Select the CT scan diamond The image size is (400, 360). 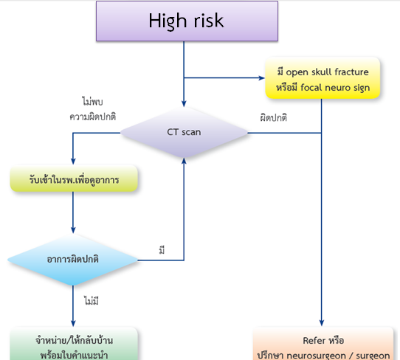(184, 133)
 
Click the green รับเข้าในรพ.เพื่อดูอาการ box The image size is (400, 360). (74, 180)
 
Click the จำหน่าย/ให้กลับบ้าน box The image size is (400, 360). (74, 345)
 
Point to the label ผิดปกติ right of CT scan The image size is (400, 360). (274, 118)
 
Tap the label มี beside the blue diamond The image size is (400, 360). (162, 251)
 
